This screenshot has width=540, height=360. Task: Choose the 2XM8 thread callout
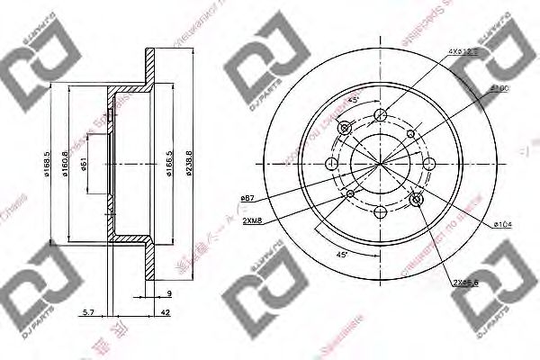coord(252,219)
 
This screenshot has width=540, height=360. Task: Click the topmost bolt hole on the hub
coord(380,114)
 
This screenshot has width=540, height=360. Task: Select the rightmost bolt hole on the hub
coord(429,164)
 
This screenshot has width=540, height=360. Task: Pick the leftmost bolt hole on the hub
coord(330,164)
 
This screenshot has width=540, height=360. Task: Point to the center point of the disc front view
coord(380,164)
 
